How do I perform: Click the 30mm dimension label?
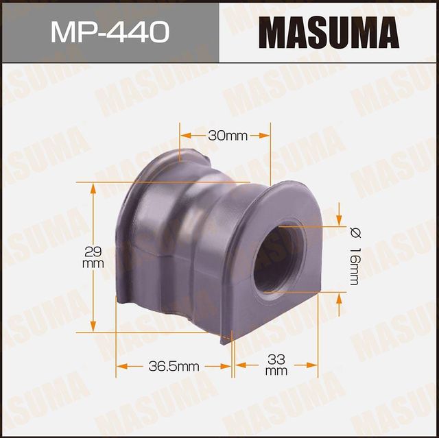pyautogui.click(x=227, y=136)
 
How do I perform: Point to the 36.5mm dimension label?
pyautogui.click(x=174, y=367)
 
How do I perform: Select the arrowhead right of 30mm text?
pyautogui.click(x=264, y=136)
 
